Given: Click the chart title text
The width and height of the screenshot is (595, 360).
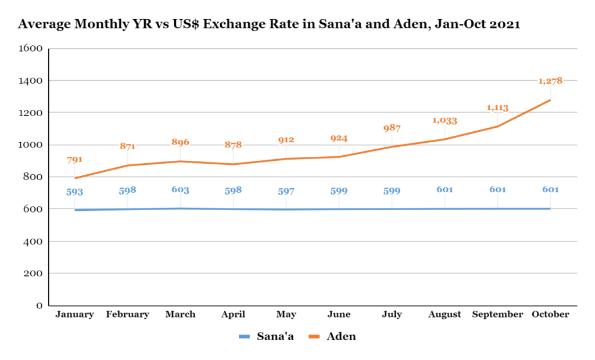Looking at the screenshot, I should click(x=269, y=24).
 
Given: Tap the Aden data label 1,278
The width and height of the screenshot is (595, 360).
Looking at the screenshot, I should click(x=550, y=81).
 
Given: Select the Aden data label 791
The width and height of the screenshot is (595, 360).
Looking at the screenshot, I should click(x=74, y=159).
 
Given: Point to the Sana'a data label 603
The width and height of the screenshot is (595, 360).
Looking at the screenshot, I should click(x=180, y=190).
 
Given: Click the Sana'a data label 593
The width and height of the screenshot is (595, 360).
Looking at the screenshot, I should click(x=74, y=192).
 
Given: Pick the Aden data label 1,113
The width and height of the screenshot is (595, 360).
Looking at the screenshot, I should click(x=497, y=107).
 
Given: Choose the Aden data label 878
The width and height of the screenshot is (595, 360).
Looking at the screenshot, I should click(x=233, y=145).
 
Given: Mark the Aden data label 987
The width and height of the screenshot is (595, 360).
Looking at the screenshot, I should click(x=392, y=128).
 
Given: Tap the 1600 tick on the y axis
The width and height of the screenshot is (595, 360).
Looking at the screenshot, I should click(x=31, y=48).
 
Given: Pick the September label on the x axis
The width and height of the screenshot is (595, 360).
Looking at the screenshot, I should click(x=497, y=315).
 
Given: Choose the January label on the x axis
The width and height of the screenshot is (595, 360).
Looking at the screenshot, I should click(x=74, y=315).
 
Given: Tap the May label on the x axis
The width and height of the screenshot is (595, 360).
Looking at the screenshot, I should click(x=286, y=315).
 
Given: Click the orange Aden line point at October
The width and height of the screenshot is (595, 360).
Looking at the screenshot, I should click(x=550, y=100).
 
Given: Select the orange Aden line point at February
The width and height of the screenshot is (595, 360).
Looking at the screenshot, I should click(x=127, y=165).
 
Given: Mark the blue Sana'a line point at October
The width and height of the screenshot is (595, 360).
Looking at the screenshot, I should click(x=550, y=208).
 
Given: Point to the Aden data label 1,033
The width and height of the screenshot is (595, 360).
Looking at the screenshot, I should click(x=445, y=121).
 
